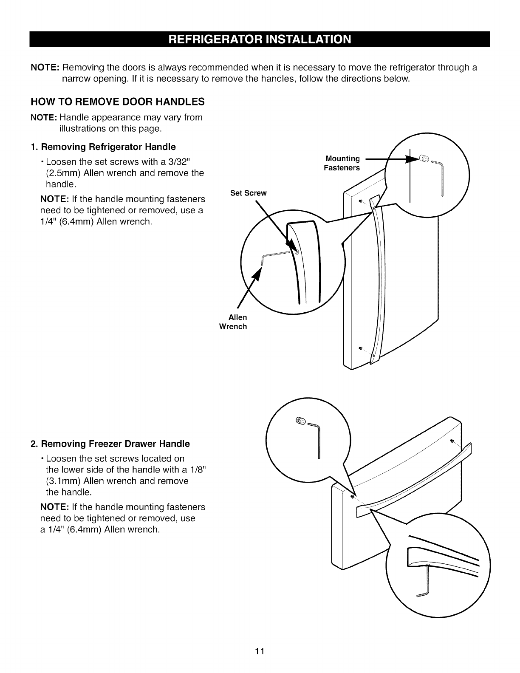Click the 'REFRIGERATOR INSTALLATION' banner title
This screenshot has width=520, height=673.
click(260, 39)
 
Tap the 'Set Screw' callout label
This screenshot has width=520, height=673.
click(248, 193)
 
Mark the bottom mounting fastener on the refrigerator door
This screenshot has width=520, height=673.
click(360, 348)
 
